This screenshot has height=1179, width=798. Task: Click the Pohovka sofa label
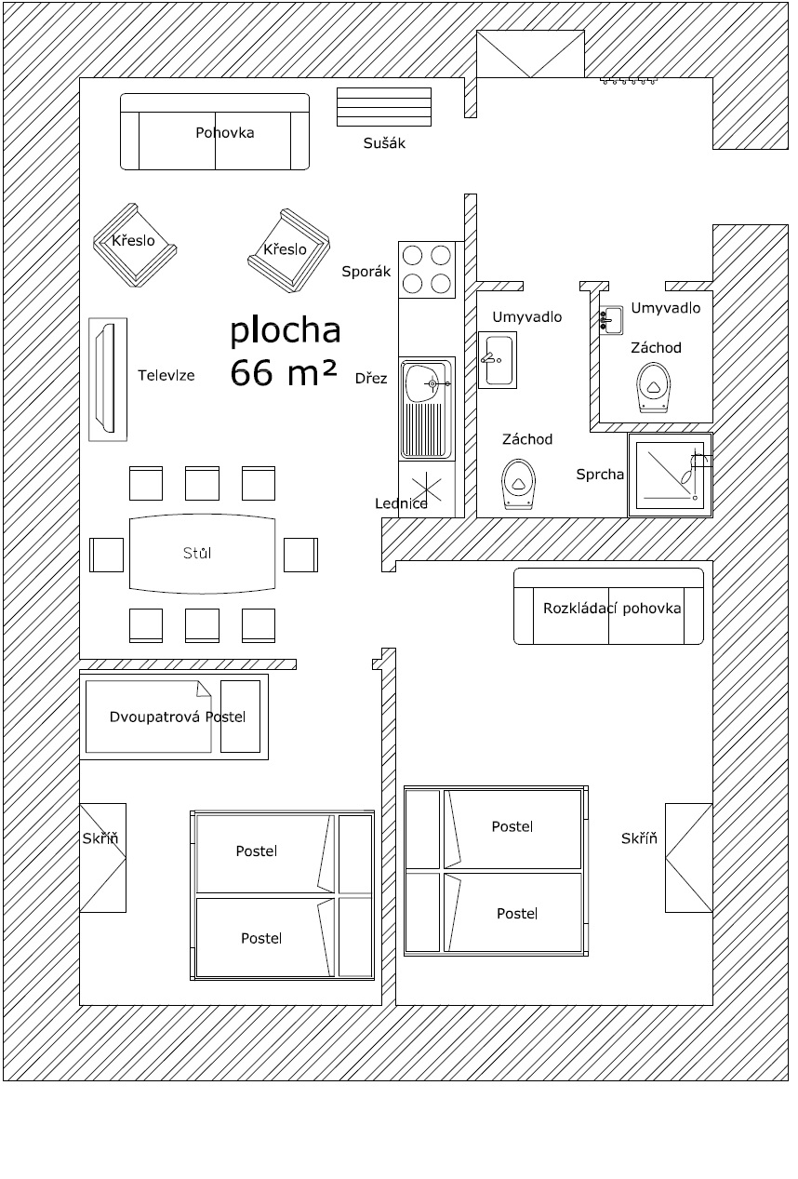pos(225,133)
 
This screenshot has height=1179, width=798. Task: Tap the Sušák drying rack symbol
pos(384,107)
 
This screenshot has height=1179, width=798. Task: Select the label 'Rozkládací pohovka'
pos(612,609)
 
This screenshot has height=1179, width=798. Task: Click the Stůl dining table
pos(203,553)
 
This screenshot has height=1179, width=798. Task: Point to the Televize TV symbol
pos(108,380)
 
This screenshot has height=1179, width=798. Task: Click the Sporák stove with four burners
pos(427,270)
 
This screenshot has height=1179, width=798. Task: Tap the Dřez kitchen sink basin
pos(426,409)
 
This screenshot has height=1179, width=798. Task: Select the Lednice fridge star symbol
pos(426,487)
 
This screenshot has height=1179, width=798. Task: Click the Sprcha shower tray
pos(671,476)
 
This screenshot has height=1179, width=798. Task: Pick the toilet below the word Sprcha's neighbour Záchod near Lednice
pos(519,484)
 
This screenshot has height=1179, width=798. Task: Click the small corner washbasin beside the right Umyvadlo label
pos(611,319)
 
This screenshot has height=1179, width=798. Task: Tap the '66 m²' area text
pos(283,372)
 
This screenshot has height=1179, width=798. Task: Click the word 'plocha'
pos(286,331)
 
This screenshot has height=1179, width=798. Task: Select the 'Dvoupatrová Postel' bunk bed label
pos(178,717)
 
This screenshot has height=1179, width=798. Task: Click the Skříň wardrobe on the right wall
pos(689,858)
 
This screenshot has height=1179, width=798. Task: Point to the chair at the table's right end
pos(301,555)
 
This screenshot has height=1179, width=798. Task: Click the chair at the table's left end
pos(106,555)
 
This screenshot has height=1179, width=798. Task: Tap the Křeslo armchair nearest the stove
pos(289,250)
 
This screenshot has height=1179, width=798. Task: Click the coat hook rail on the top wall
pos(629,81)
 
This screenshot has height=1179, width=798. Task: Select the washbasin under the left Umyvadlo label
pos(497,360)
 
